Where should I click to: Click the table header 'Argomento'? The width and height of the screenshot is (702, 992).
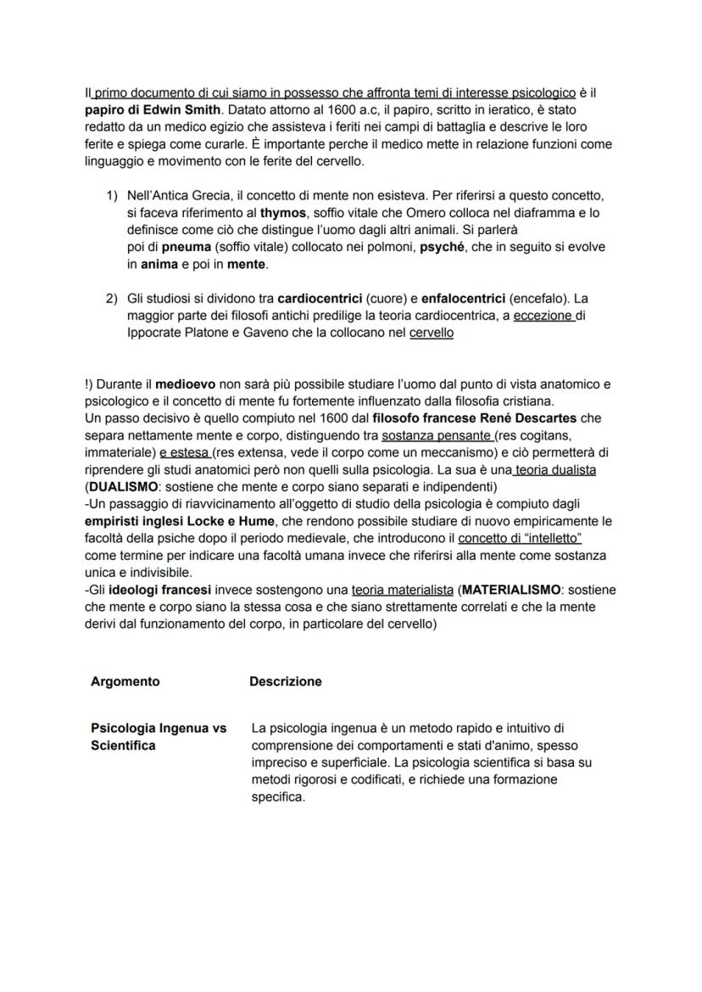tap(125, 681)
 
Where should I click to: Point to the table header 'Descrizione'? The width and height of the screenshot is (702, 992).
tap(286, 681)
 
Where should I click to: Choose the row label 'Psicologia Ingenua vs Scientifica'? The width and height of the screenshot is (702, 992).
tap(159, 737)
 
